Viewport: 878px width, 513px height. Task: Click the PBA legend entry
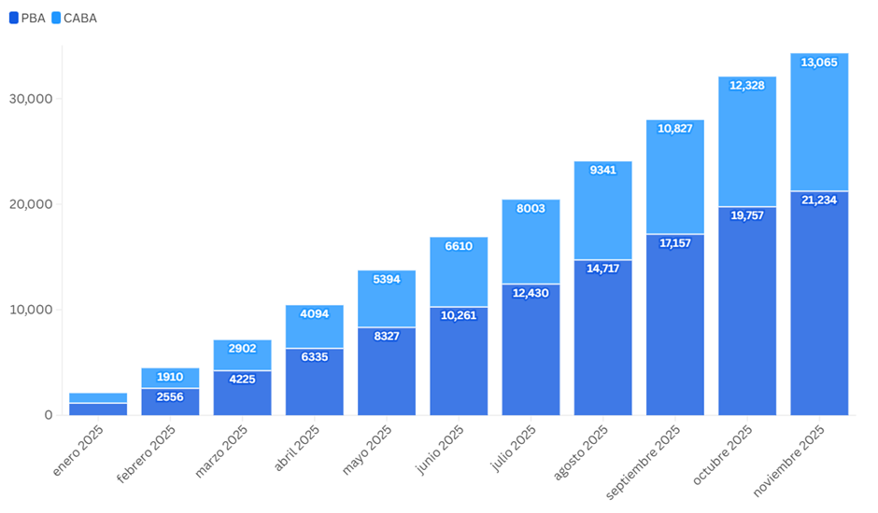(x=27, y=18)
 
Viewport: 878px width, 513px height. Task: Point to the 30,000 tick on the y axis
(x=31, y=99)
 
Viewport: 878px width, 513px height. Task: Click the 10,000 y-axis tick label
(x=31, y=310)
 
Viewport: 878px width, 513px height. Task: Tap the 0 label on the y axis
(x=47, y=415)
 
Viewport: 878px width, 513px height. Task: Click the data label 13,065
(x=819, y=62)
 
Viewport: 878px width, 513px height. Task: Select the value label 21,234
(x=819, y=200)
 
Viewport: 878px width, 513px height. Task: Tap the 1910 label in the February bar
(x=170, y=377)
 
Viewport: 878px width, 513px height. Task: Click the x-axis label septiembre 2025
(x=644, y=461)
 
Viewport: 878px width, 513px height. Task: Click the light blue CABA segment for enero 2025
(x=98, y=398)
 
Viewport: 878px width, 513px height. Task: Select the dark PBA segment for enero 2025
(x=98, y=409)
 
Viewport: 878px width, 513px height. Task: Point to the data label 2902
(x=242, y=348)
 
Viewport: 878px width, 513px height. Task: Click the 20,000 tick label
(x=31, y=204)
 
